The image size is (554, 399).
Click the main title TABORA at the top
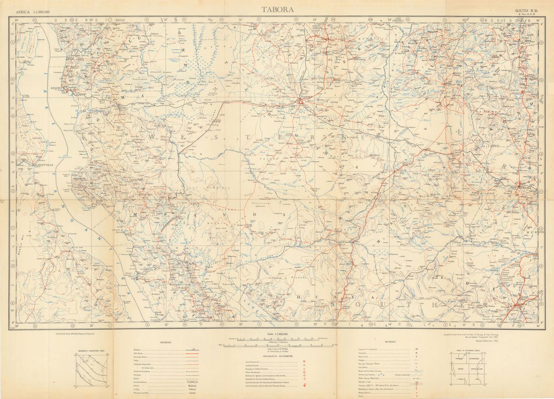tap(278, 9)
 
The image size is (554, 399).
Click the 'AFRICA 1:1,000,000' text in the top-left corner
tap(36, 11)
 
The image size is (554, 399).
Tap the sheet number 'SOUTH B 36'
tap(527, 10)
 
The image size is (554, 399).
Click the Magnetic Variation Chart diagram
tap(91, 370)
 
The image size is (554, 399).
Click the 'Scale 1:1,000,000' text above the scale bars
tap(277, 333)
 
